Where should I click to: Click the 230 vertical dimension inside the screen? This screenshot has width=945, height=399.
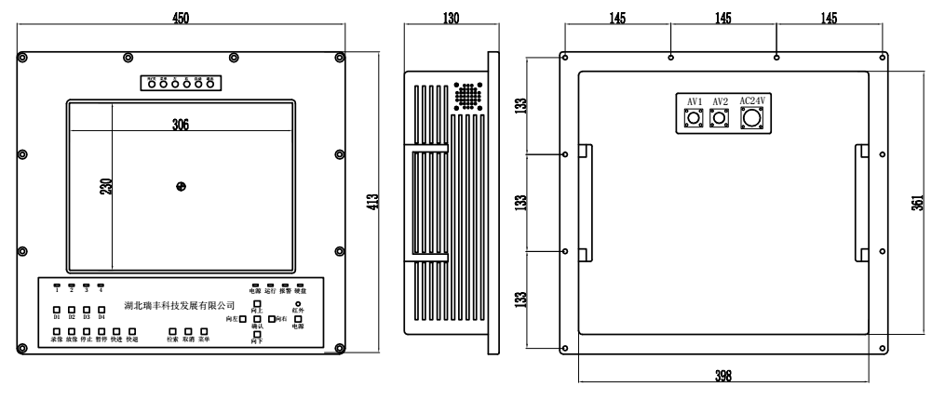coord(104,185)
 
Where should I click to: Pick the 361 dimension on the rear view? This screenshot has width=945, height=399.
coord(918,202)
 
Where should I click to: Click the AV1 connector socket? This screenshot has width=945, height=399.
coord(694,118)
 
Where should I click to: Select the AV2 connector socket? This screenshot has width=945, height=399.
coord(719,118)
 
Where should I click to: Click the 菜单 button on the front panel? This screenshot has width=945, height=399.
coord(203,331)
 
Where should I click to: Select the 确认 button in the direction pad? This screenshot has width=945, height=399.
coord(258,319)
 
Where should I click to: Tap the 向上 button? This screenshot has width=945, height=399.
coord(258,305)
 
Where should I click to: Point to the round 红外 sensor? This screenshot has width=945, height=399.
coord(298,303)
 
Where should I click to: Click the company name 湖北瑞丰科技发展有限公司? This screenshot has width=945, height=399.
coord(179,305)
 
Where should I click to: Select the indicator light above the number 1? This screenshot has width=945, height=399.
coord(56,285)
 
